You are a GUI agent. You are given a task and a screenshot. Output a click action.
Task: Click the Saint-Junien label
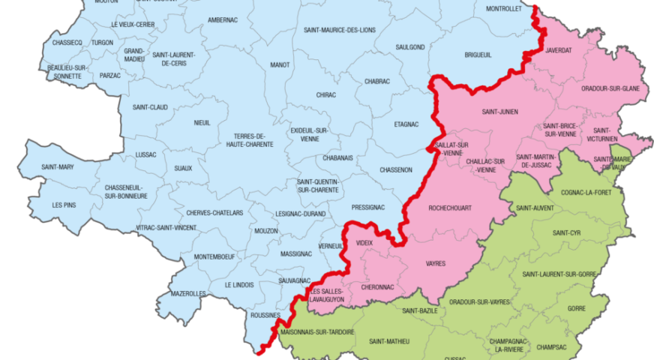click(499, 112)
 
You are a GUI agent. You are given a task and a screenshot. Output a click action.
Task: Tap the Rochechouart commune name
click(449, 208)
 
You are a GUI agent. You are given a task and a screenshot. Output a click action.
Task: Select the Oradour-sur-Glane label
click(610, 88)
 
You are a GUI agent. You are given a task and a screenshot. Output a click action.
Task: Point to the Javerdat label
click(559, 50)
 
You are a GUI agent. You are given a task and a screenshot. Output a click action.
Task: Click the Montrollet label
click(504, 10)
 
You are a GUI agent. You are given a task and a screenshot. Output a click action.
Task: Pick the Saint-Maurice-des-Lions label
click(340, 30)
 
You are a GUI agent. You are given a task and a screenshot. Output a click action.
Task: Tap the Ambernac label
click(223, 19)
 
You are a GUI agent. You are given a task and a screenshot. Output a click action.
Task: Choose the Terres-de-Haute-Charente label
click(250, 139)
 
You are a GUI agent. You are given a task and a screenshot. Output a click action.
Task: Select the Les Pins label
click(64, 205)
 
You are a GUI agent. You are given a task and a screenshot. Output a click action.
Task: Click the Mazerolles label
click(187, 294)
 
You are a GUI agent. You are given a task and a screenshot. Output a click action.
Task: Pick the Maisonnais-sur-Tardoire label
click(316, 331)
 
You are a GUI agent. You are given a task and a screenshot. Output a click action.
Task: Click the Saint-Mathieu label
click(389, 341)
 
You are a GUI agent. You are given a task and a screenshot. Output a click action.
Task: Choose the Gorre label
click(577, 308)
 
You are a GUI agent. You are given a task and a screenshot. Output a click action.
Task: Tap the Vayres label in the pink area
click(436, 263)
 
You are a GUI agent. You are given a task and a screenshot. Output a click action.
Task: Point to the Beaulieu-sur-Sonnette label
click(67, 72)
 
